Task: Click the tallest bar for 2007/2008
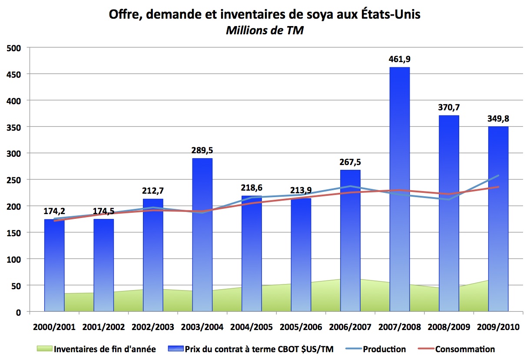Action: [x=399, y=189]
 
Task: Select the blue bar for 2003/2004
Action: [x=202, y=234]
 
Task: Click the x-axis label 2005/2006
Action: [x=301, y=327]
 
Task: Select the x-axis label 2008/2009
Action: [x=449, y=327]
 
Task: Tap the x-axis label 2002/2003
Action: [x=153, y=327]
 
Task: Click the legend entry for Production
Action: [x=384, y=349]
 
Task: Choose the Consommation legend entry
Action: [x=465, y=349]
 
